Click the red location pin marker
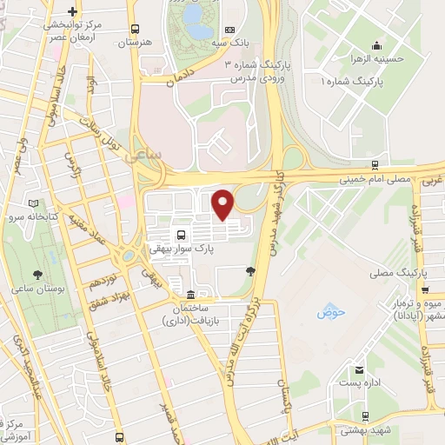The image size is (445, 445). pos(222,203)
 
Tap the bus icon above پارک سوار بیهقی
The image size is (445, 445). pos(180,235)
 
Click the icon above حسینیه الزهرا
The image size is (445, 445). pos(375,45)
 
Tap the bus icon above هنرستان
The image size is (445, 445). pos(134,28)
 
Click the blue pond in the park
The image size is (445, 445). pos(199,30)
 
